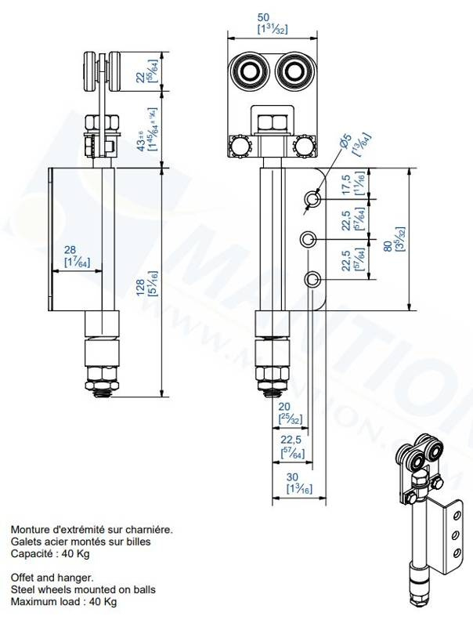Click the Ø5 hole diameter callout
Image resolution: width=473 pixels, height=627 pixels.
pyautogui.click(x=339, y=142)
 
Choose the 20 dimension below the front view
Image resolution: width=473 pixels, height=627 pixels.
pyautogui.click(x=284, y=406)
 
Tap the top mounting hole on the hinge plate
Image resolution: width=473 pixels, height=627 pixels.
pyautogui.click(x=312, y=200)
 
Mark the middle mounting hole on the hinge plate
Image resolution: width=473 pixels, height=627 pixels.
pyautogui.click(x=311, y=238)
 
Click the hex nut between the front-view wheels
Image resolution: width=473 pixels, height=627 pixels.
pyautogui.click(x=272, y=121)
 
